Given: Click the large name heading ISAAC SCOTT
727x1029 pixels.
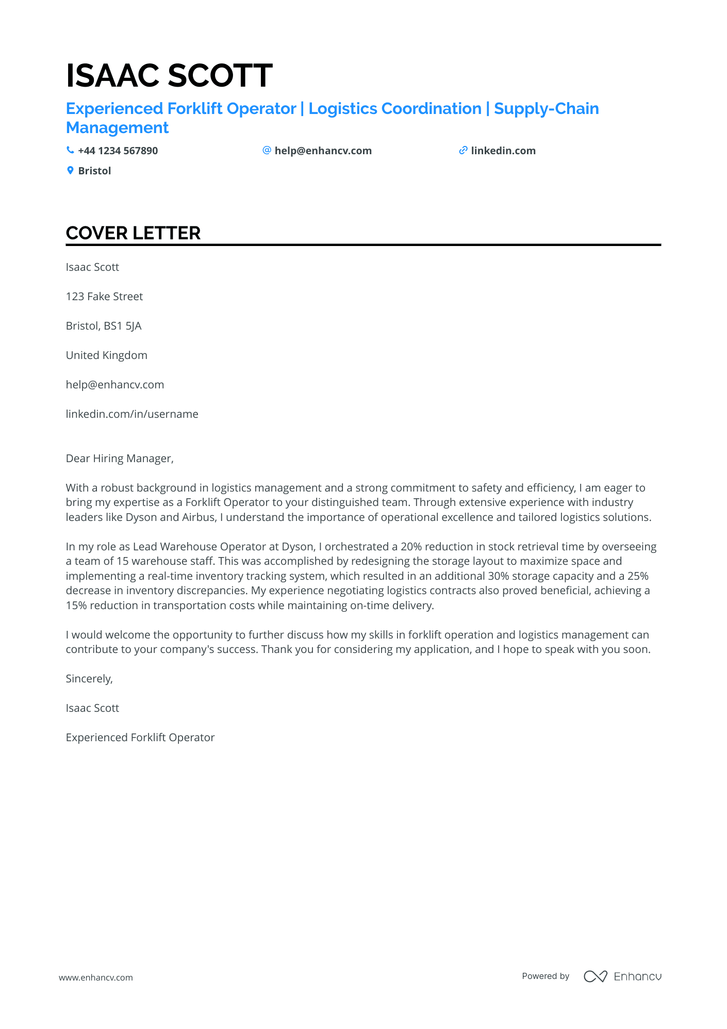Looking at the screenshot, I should [x=169, y=75].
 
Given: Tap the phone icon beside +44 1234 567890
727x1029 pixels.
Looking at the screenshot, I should [x=70, y=150].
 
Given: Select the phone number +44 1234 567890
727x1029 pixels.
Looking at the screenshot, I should [x=118, y=151].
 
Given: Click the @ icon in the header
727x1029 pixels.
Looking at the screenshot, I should [x=267, y=150].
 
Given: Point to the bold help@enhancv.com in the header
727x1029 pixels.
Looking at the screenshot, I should [x=323, y=151].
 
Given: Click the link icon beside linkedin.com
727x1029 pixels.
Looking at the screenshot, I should [x=463, y=151].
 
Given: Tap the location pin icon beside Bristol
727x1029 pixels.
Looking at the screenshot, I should [x=70, y=170].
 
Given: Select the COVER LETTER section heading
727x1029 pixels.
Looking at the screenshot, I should [x=133, y=233].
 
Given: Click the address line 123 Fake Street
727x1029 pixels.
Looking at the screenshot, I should [x=104, y=297].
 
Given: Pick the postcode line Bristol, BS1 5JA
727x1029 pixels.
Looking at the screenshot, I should [x=104, y=326].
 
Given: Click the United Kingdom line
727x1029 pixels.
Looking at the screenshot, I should [x=106, y=355].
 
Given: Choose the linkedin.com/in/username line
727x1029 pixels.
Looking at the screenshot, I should [x=132, y=414].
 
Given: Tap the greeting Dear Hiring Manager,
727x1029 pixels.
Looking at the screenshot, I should [x=120, y=459].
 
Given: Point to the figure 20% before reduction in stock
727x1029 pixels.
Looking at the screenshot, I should [x=410, y=547].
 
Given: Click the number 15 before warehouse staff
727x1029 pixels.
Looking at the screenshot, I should [x=122, y=561].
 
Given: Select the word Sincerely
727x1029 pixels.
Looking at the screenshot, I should [x=89, y=679].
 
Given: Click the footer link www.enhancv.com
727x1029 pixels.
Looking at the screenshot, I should [x=96, y=977].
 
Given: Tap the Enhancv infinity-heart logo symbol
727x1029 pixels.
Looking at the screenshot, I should [x=595, y=976].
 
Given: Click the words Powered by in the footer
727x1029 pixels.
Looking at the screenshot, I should [x=546, y=976].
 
